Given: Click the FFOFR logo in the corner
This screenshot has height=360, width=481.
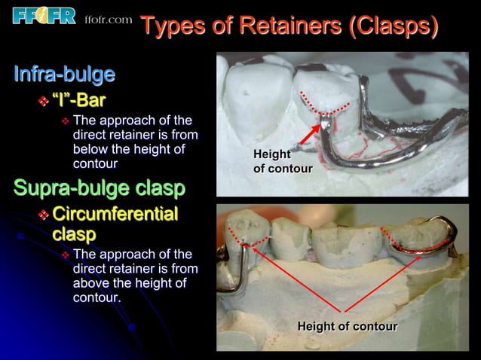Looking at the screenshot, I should pyautogui.click(x=44, y=15).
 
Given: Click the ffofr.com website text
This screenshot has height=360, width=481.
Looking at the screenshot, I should pyautogui.click(x=109, y=19).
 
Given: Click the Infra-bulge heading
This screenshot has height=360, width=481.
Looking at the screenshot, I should pyautogui.click(x=65, y=75).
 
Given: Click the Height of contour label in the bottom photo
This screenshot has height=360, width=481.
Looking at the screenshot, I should pyautogui.click(x=347, y=326).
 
